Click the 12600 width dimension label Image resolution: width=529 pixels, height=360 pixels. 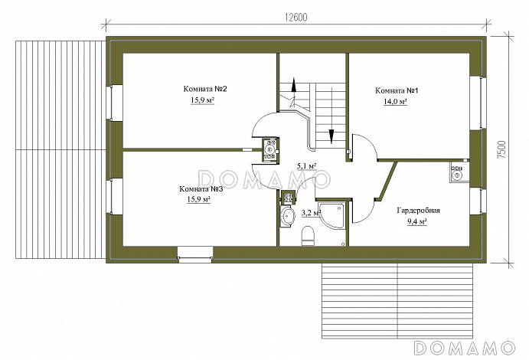pyautogui.click(x=296, y=18)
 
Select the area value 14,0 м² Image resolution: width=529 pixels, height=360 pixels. pyautogui.click(x=395, y=102)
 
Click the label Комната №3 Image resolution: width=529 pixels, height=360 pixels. pyautogui.click(x=201, y=189)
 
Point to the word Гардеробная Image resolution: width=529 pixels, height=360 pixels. pyautogui.click(x=418, y=211)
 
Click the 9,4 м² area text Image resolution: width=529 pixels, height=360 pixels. pyautogui.click(x=417, y=221)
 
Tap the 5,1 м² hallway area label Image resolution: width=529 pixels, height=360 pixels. pyautogui.click(x=306, y=166)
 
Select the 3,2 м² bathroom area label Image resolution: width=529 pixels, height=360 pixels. pyautogui.click(x=311, y=213)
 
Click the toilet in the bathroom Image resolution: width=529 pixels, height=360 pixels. pyautogui.click(x=307, y=235)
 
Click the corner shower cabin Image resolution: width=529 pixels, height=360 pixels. pyautogui.click(x=332, y=216)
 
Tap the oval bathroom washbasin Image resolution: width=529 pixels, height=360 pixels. pyautogui.click(x=287, y=216)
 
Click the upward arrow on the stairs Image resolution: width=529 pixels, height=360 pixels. pyautogui.click(x=294, y=85)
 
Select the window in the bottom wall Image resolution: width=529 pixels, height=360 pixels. pyautogui.click(x=195, y=254)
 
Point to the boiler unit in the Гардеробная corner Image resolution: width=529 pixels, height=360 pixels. pyautogui.click(x=459, y=172)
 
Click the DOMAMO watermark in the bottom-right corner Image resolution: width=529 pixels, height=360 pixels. pyautogui.click(x=465, y=348)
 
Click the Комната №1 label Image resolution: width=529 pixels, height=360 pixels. pyautogui.click(x=397, y=90)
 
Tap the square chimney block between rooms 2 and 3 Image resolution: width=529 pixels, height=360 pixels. pyautogui.click(x=270, y=151)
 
